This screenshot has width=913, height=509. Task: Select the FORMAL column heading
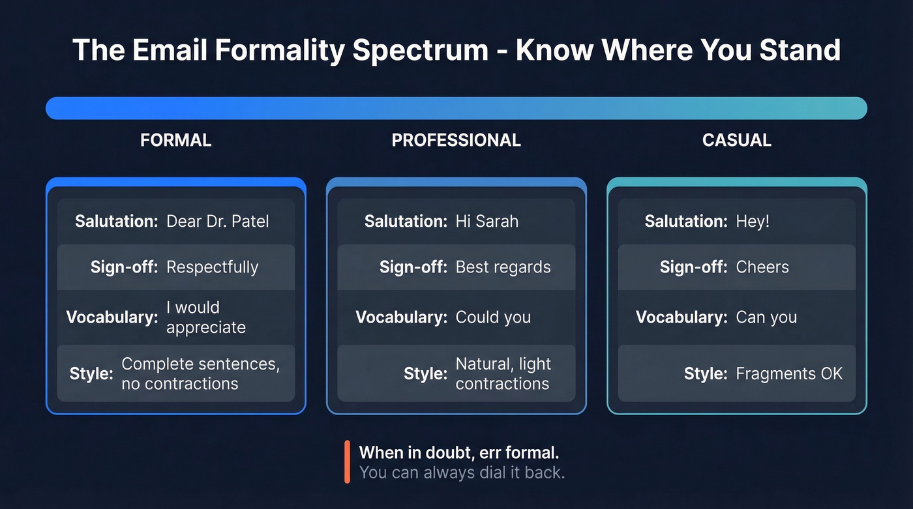point(175,140)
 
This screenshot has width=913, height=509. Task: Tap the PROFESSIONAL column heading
point(456,140)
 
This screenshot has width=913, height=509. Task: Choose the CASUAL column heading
point(736,140)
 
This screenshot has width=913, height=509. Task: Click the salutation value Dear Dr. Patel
point(217,222)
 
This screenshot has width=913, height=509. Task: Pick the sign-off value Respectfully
point(212,267)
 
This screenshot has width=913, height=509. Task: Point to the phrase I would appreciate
point(205,317)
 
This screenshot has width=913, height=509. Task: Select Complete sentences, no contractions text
point(200,373)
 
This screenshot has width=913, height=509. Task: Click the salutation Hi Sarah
point(486,222)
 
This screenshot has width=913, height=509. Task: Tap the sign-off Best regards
point(503,267)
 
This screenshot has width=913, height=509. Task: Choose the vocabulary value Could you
point(493,317)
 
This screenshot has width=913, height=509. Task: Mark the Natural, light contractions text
point(503,373)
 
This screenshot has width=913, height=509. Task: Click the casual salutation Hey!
point(753,222)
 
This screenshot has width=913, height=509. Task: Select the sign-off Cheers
point(762,267)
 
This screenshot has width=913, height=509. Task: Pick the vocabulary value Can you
point(766,317)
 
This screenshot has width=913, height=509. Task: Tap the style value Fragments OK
point(789,373)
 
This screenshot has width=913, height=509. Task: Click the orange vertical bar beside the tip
point(348,462)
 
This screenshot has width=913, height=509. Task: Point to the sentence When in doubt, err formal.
point(458,452)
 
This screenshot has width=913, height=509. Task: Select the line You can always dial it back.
point(462,473)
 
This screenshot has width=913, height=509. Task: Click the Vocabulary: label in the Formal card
point(112,317)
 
